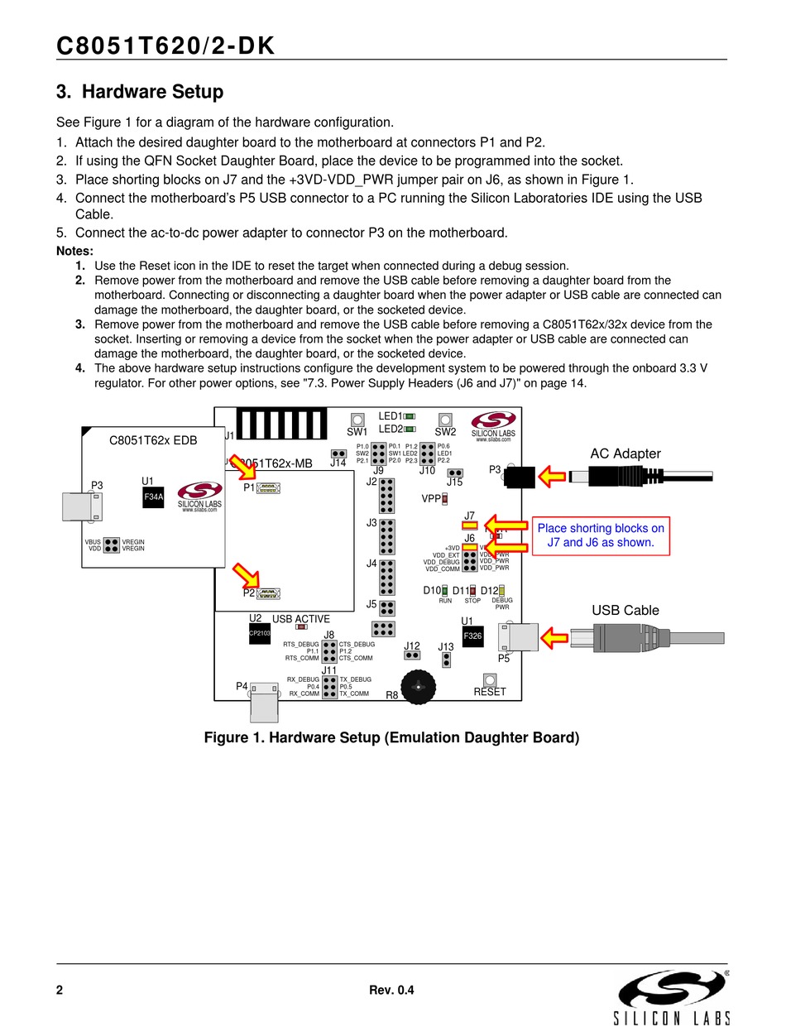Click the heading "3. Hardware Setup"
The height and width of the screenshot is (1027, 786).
pyautogui.click(x=140, y=92)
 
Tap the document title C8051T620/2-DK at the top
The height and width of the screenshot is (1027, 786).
pyautogui.click(x=165, y=47)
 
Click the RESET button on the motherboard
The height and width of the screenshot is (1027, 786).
pyautogui.click(x=489, y=679)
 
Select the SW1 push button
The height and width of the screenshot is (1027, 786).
pyautogui.click(x=357, y=420)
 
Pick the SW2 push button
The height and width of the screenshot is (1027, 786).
pyautogui.click(x=445, y=420)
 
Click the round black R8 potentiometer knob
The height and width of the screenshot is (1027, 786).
pyautogui.click(x=419, y=686)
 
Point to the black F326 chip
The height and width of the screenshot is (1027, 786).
pyautogui.click(x=472, y=636)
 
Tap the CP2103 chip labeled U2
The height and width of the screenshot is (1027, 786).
pyautogui.click(x=260, y=633)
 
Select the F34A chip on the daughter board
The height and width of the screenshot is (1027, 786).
pyautogui.click(x=154, y=497)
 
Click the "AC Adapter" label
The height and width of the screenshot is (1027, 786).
pyautogui.click(x=625, y=454)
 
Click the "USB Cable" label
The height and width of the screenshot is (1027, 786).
pyautogui.click(x=625, y=611)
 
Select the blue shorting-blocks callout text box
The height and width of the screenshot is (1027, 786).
pyautogui.click(x=601, y=535)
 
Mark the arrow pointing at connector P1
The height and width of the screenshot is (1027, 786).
pyautogui.click(x=243, y=468)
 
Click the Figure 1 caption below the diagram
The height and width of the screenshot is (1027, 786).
pyautogui.click(x=391, y=737)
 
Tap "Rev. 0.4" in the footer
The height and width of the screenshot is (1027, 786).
pyautogui.click(x=391, y=991)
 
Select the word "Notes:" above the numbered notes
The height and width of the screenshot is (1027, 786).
pyautogui.click(x=74, y=251)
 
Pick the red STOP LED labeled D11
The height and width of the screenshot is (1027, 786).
pyautogui.click(x=472, y=591)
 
